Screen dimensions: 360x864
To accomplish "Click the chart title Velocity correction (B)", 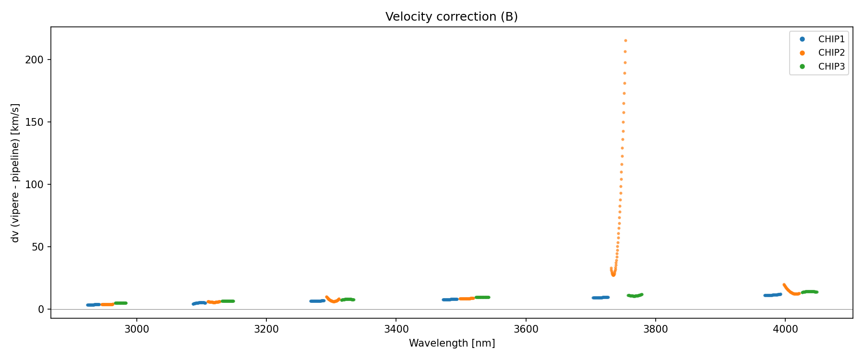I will (451, 17).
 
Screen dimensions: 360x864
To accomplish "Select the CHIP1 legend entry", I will (831, 39).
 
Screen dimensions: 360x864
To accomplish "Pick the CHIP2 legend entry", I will (831, 53).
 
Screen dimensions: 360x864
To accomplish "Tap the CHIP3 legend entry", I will (831, 67).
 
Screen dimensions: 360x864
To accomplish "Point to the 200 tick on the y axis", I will (38, 60).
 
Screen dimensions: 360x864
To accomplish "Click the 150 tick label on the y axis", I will (38, 122).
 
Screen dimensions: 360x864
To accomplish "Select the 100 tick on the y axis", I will (38, 184).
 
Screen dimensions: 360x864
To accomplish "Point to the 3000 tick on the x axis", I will (137, 329).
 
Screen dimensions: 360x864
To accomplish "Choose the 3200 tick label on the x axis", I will (266, 329).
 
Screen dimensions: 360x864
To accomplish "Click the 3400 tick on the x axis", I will (396, 329).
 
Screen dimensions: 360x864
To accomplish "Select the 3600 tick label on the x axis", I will (526, 329).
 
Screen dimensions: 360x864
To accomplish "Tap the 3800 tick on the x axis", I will (656, 329).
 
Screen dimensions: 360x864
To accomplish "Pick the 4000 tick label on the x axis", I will (785, 329).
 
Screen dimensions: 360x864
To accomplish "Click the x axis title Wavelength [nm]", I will (452, 343).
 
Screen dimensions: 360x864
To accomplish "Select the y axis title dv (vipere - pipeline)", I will (15, 173).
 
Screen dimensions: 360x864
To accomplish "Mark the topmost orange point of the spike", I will (625, 40).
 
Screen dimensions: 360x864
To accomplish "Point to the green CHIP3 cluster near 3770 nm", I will (635, 296).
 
